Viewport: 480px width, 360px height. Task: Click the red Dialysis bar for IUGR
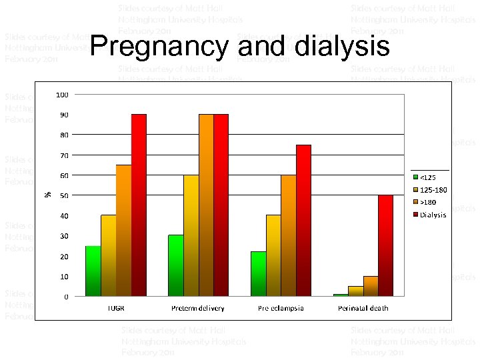139,205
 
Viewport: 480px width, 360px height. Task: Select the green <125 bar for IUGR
93,271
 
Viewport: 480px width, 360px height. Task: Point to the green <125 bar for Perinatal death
341,295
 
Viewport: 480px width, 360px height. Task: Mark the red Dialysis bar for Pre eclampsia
303,220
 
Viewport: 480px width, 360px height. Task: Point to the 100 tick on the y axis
61,95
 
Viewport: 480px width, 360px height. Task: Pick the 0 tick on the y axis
65,297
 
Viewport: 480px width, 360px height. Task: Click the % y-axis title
47,194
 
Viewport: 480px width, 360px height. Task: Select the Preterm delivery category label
198,308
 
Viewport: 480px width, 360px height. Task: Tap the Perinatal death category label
363,308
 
